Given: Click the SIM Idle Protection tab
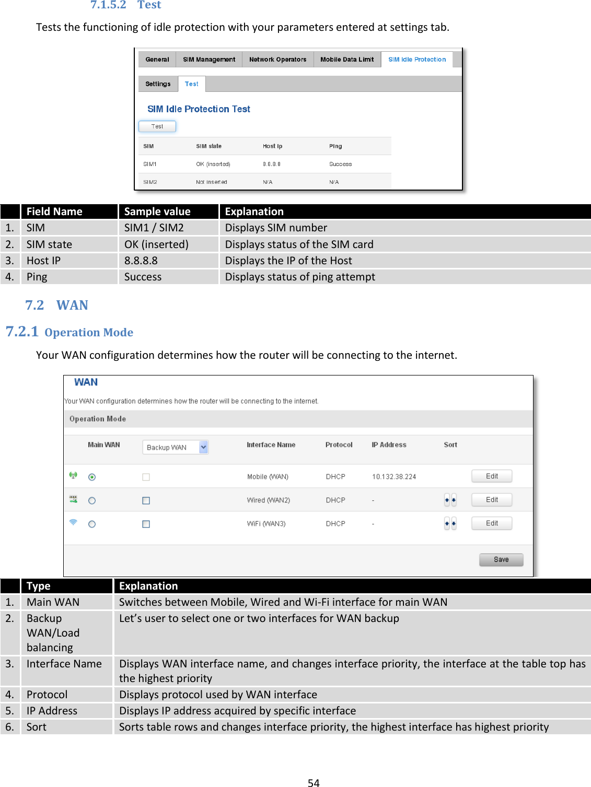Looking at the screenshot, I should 416,60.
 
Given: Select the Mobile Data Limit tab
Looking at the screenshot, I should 347,60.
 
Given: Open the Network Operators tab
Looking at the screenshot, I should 277,60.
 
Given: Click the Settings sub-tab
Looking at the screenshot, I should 158,84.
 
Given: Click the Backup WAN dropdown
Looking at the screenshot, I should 176,448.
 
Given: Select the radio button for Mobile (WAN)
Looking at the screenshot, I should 92,477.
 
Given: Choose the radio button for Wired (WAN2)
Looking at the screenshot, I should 92,501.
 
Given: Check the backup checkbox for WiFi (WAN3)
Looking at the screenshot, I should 146,524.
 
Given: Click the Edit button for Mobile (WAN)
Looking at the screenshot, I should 491,476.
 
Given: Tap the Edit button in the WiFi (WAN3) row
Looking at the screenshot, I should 491,523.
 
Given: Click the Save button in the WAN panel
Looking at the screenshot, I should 501,560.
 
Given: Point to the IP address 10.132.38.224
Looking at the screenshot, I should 394,477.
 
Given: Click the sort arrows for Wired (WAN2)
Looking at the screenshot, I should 450,500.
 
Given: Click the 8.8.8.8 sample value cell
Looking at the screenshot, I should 141,261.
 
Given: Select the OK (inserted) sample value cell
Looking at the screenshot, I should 156,244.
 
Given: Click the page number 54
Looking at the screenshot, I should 314,782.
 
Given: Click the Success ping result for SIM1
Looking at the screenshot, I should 340,164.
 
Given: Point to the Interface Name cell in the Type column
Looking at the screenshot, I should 64,664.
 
